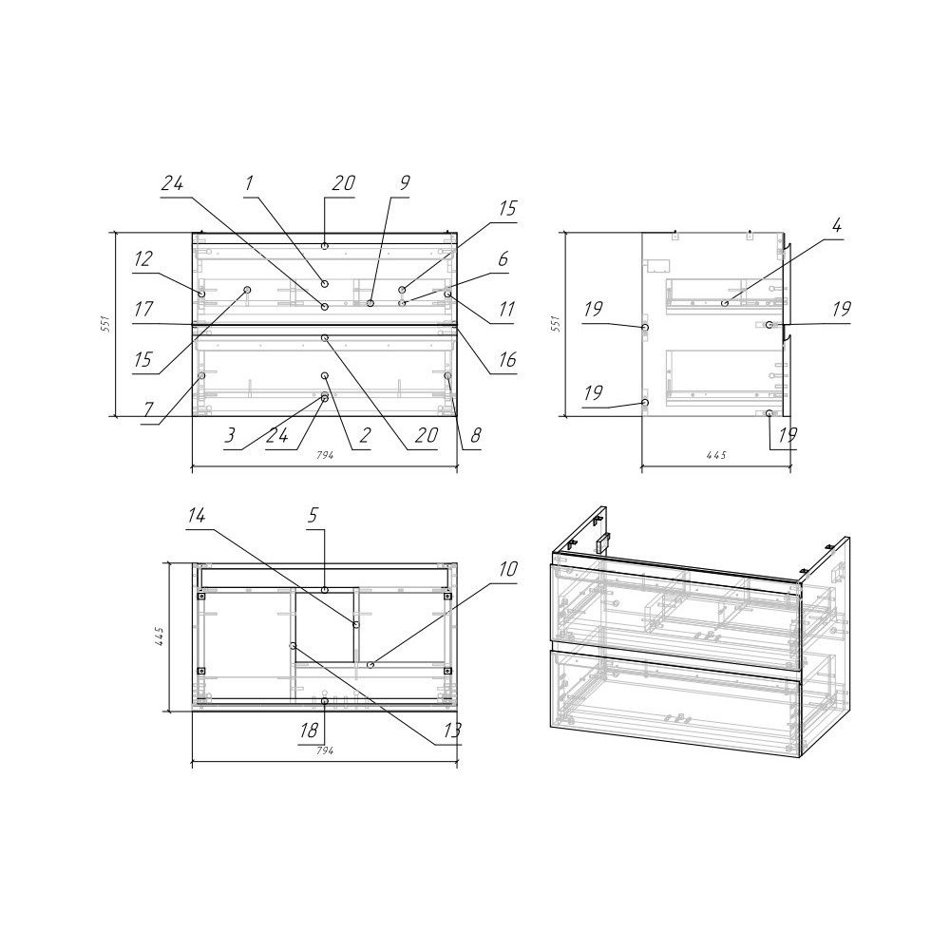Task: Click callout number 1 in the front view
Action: [249, 183]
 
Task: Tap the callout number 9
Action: [405, 183]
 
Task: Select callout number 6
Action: [503, 259]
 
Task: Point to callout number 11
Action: [504, 310]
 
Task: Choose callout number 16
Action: [506, 360]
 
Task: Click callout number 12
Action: [143, 259]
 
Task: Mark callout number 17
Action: [143, 310]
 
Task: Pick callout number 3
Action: [230, 435]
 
